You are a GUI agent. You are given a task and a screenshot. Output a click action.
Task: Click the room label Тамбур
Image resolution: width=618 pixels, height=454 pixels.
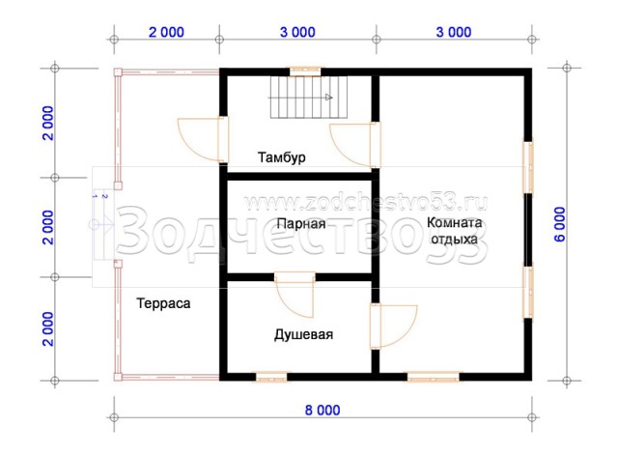coord(281,157)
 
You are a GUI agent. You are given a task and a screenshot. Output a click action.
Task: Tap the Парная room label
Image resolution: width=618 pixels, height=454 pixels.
coord(301,224)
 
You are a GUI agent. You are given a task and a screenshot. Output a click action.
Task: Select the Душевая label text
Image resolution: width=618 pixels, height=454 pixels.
coord(303,334)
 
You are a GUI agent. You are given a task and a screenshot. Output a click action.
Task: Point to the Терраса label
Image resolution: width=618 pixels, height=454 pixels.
coord(163,303)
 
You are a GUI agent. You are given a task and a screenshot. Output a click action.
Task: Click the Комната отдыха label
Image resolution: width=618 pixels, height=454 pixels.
coord(455,231)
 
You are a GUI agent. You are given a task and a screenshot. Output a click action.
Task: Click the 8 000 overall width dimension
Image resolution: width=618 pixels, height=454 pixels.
coord(323,411)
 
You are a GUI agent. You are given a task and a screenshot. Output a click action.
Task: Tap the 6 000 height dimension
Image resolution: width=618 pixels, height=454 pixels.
coord(559,224)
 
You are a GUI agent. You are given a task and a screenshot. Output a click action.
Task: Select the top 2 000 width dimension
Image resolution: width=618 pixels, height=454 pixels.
coord(166,32)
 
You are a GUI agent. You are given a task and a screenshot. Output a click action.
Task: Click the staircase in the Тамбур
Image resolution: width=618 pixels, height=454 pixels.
coord(308,97)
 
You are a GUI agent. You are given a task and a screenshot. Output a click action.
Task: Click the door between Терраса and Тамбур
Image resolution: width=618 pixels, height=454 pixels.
coord(203,139)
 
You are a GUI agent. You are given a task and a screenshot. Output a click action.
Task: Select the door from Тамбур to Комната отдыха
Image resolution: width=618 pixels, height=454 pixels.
coord(355,145)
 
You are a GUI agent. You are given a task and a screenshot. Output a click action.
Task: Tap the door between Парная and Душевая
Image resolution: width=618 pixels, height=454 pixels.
coord(295,294)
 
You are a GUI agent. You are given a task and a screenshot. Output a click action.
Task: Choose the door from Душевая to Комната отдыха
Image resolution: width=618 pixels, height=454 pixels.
coord(393,326)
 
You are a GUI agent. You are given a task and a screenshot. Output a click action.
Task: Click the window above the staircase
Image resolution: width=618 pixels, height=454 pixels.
coord(305,71)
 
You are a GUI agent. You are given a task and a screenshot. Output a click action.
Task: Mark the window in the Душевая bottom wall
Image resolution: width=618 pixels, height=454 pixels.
coord(271,377)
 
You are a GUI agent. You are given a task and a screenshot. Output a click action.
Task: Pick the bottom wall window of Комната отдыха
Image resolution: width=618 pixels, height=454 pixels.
coord(434,377)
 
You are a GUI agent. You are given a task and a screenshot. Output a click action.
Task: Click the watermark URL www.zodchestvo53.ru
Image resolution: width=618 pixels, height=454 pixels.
coord(366,203)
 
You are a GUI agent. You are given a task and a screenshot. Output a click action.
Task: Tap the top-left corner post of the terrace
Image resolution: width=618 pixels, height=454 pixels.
coord(118,72)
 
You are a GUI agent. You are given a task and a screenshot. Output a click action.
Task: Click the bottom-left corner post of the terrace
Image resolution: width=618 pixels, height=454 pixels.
coord(118,377)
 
